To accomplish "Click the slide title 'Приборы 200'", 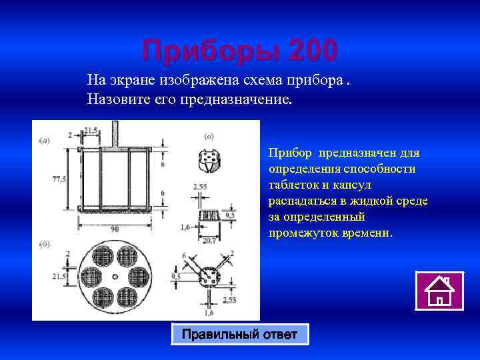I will tap(239, 50).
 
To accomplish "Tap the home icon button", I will tap(439, 291).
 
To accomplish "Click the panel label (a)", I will tap(44, 140).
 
